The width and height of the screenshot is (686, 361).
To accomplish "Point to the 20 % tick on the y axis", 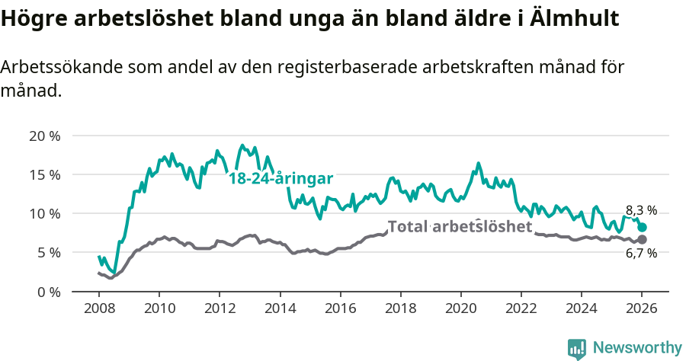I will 44,136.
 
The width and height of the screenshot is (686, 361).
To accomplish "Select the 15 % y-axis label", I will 44,174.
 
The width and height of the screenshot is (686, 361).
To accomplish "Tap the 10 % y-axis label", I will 44,213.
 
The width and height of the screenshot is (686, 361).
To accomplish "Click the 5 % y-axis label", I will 48,252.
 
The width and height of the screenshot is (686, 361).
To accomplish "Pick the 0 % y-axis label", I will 48,292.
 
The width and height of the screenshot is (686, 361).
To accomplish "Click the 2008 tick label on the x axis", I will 99,310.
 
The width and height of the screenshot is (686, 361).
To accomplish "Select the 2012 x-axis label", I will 220,310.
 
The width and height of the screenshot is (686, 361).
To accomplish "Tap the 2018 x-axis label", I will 400,310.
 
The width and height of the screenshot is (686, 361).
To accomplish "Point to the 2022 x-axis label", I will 521,310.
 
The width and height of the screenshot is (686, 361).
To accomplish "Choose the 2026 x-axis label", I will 642,310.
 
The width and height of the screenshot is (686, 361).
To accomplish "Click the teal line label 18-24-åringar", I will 281,179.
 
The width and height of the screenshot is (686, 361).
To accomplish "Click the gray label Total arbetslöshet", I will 460,226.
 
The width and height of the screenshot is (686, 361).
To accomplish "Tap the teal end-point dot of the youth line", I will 642,227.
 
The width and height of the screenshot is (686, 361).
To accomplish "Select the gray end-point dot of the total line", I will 642,239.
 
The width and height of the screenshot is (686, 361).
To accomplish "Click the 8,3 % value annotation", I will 641,210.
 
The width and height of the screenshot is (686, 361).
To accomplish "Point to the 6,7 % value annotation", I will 641,254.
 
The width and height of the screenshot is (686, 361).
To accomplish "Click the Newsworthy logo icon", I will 577,349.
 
